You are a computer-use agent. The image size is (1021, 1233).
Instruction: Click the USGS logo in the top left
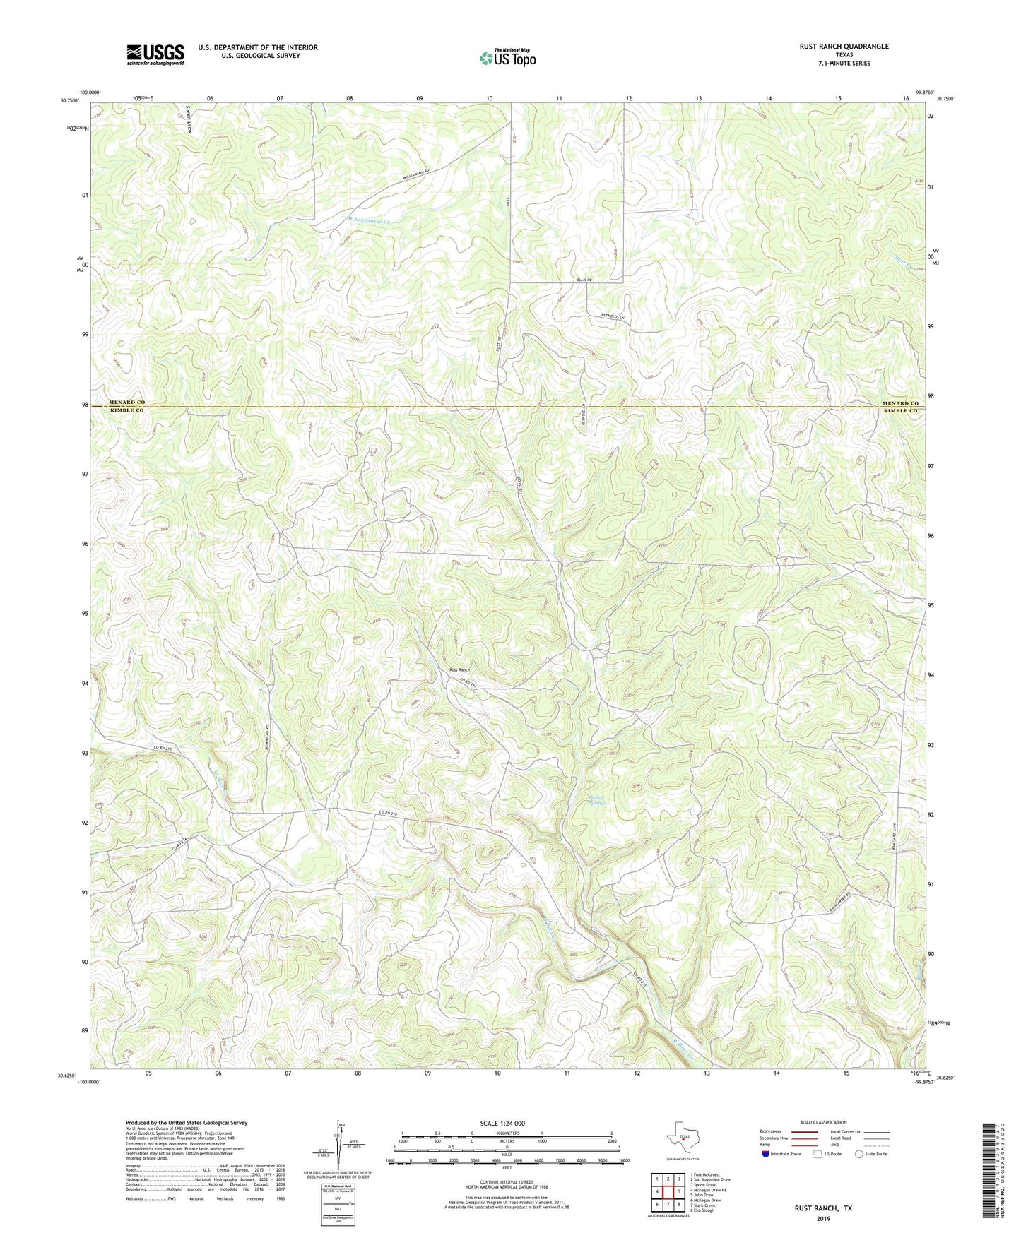pyautogui.click(x=155, y=54)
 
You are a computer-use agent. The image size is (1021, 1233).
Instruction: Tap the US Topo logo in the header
pyautogui.click(x=507, y=58)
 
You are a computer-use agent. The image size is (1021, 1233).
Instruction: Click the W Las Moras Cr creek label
pyautogui.click(x=369, y=221)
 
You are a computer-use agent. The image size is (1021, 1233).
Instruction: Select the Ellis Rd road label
pyautogui.click(x=583, y=280)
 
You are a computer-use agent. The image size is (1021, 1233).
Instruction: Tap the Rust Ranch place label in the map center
pyautogui.click(x=459, y=669)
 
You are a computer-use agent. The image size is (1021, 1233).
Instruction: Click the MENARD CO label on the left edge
pyautogui.click(x=127, y=403)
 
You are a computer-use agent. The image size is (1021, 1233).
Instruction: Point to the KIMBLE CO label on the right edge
pyautogui.click(x=900, y=410)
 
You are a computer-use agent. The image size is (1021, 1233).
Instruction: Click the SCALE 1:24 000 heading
pyautogui.click(x=502, y=1124)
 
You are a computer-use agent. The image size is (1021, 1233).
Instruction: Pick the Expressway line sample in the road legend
pyautogui.click(x=805, y=1131)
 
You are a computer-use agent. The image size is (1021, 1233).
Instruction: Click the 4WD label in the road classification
pyautogui.click(x=836, y=1145)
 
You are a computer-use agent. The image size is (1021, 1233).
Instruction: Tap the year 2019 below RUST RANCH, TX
pyautogui.click(x=822, y=1219)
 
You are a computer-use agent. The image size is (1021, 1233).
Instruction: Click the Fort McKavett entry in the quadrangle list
pyautogui.click(x=707, y=1174)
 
